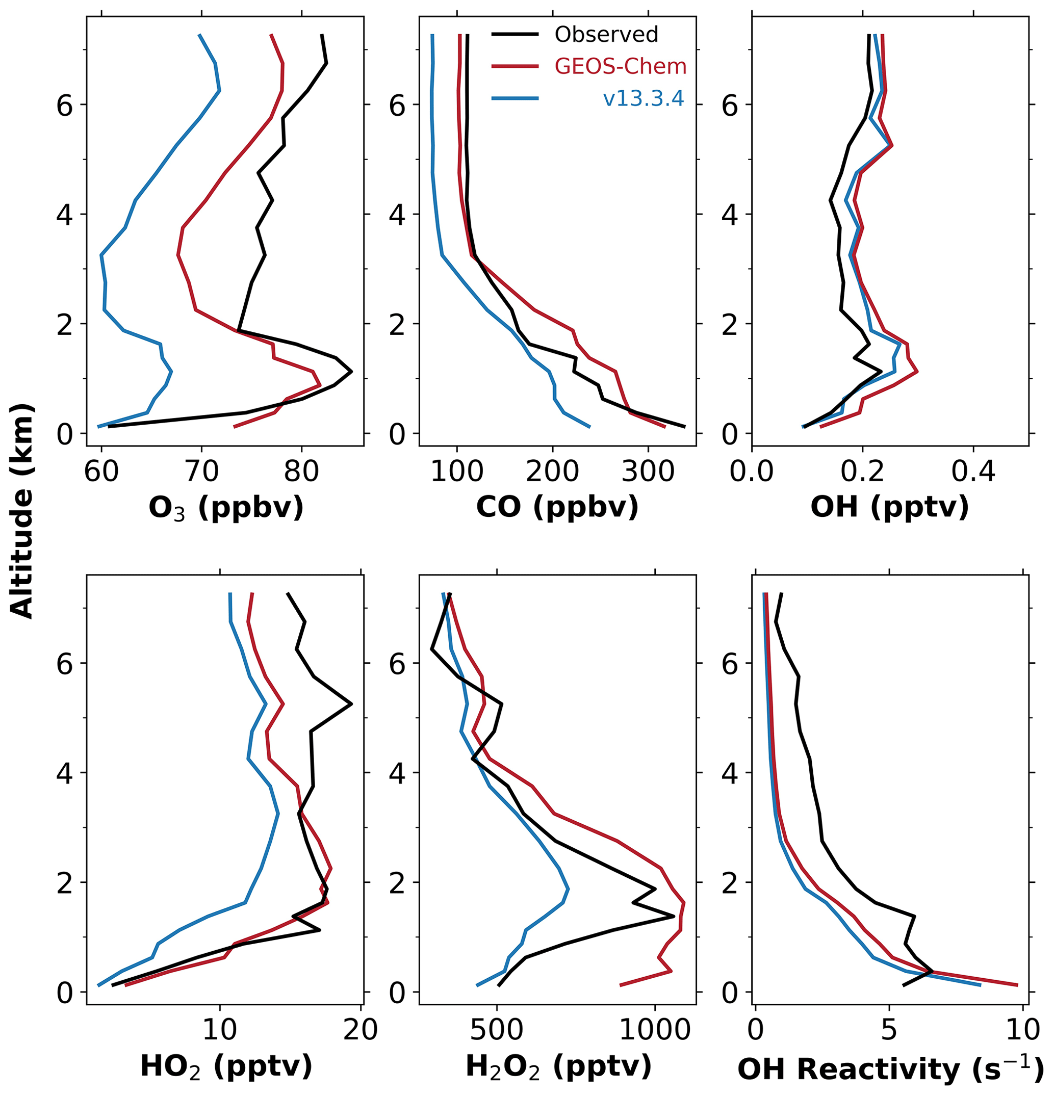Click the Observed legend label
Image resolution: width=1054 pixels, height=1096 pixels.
(x=606, y=35)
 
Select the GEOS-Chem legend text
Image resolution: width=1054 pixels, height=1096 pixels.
(x=620, y=67)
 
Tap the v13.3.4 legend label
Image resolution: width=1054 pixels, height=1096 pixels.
(x=644, y=98)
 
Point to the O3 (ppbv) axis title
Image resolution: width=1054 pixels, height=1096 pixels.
(x=225, y=508)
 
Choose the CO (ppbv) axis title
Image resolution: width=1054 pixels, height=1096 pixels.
(x=557, y=507)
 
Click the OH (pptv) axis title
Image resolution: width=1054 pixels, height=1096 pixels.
(x=889, y=507)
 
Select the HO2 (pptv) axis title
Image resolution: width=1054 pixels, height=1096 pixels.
(x=225, y=1066)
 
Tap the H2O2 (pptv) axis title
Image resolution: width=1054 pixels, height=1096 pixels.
(x=558, y=1066)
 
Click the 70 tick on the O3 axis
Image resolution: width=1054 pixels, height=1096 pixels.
(x=201, y=472)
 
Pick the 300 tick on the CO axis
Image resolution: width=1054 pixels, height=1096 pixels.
(x=648, y=472)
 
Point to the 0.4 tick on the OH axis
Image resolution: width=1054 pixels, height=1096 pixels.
(x=973, y=472)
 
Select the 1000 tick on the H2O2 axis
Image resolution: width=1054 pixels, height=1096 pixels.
(x=655, y=1030)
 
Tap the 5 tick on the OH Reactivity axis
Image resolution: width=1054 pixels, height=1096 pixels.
(x=889, y=1030)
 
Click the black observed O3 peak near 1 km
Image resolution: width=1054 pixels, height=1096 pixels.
(x=351, y=371)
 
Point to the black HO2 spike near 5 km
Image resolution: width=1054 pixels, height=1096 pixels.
(x=351, y=704)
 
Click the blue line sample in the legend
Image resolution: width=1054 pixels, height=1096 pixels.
(x=515, y=98)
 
